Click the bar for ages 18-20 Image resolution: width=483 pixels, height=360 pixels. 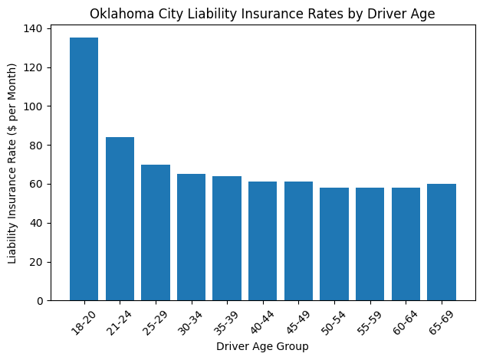point(84,169)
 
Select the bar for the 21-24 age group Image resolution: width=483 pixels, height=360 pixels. point(120,218)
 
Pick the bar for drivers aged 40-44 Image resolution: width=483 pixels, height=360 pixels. point(263,241)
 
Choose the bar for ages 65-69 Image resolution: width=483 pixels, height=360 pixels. point(442,242)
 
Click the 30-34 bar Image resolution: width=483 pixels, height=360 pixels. point(191,237)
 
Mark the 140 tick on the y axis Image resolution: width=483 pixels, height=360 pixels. point(34,28)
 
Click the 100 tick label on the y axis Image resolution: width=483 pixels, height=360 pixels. point(34,106)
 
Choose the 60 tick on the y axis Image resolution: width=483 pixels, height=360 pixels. point(38,185)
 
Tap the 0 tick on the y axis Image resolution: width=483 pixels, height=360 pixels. point(41,301)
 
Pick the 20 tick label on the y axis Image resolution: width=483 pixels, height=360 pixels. point(38,262)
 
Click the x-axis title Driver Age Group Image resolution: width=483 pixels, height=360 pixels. point(262,347)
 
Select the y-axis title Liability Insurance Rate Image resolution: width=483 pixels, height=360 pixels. point(13,164)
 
